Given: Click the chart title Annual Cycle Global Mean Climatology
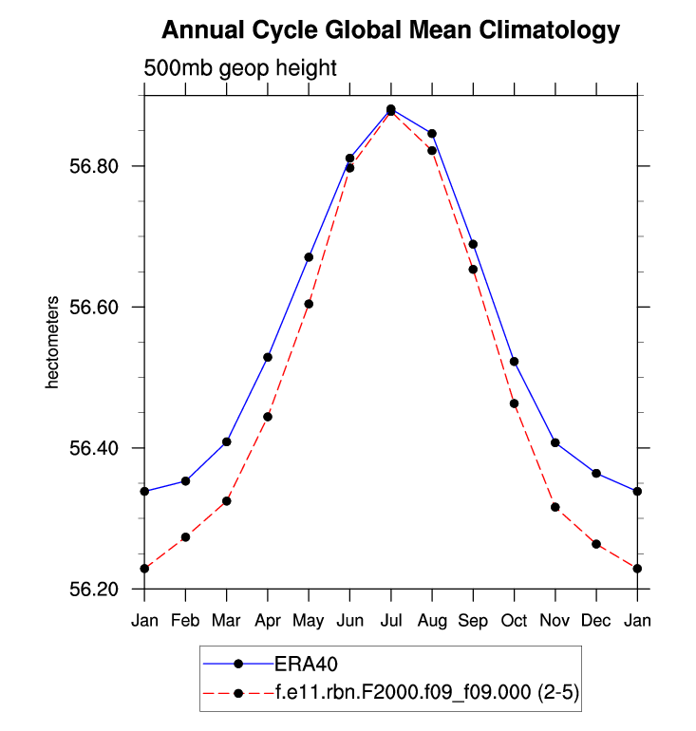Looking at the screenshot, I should click(x=390, y=30).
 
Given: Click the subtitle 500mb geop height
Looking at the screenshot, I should click(x=240, y=68).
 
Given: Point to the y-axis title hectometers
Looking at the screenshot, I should click(x=54, y=343).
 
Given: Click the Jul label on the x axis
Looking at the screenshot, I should click(x=390, y=621).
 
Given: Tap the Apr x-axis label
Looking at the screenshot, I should click(x=268, y=621).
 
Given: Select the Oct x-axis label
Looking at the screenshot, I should click(x=514, y=621).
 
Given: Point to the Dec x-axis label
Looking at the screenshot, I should click(x=596, y=621).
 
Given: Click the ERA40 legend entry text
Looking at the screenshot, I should click(x=307, y=662).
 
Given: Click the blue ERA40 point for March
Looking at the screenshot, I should click(x=226, y=441).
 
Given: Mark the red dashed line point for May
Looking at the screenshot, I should click(x=309, y=304).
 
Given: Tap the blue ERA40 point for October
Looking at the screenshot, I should click(x=514, y=362).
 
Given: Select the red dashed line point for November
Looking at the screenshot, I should click(x=555, y=507).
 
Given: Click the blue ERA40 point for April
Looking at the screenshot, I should click(x=268, y=357).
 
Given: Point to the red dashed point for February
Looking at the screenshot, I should click(x=185, y=537).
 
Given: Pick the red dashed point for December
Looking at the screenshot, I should click(x=596, y=544).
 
